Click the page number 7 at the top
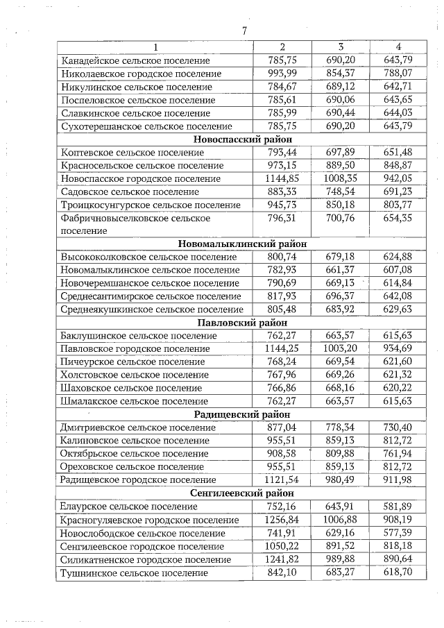(x=244, y=31)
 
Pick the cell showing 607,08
(x=398, y=270)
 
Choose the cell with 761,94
(x=398, y=454)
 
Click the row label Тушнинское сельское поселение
(x=134, y=572)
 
